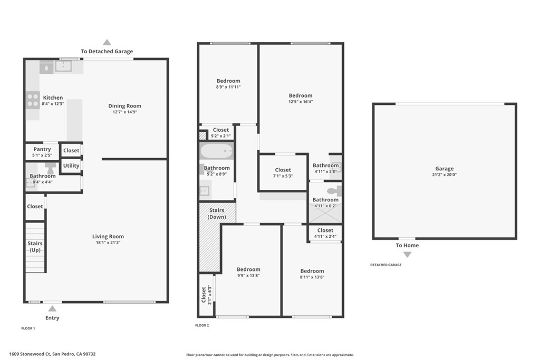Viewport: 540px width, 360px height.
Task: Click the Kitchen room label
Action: click(53, 98)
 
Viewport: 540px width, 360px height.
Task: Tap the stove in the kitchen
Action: click(33, 100)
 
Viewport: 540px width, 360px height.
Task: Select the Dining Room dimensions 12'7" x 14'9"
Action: click(125, 112)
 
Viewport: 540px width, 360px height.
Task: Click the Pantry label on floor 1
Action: click(42, 149)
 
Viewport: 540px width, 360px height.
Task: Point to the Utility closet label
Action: click(71, 166)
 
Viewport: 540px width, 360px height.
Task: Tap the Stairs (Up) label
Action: click(35, 246)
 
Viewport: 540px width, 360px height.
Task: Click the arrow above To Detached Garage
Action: click(107, 42)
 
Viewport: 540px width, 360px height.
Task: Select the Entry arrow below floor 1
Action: click(52, 308)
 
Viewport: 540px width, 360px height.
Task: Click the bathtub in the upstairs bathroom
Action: click(217, 152)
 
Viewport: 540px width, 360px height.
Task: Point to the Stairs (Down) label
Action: click(217, 213)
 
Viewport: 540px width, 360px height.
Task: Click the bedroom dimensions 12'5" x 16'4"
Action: click(301, 102)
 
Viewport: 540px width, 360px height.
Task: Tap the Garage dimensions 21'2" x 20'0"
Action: click(445, 174)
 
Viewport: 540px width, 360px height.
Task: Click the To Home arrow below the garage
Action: click(407, 255)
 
